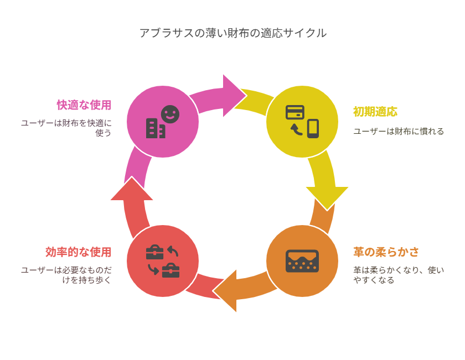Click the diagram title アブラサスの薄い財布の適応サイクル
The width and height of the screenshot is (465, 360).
233,33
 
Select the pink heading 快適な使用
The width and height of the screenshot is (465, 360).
84,105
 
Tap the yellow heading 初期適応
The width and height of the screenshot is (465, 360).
375,112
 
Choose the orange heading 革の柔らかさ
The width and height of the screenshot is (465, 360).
386,252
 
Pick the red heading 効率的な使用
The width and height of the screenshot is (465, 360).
78,252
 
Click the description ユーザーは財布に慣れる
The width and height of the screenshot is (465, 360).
399,131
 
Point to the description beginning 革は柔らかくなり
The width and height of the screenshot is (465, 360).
399,275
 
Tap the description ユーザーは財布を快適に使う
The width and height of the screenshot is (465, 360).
66,128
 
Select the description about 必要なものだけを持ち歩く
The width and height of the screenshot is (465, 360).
66,275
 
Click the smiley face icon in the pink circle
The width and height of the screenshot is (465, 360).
170,114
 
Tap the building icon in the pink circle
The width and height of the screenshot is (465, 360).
156,128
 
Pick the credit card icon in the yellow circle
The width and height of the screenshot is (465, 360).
294,112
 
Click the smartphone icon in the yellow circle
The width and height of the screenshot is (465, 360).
313,129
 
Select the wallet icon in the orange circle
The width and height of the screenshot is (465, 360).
302,261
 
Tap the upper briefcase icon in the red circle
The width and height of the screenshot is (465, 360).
155,253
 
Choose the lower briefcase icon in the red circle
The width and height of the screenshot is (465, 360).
171,270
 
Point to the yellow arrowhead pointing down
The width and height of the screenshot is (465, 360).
327,199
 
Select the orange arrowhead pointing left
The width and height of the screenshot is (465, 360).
225,291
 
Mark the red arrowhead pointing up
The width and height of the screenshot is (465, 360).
132,189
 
